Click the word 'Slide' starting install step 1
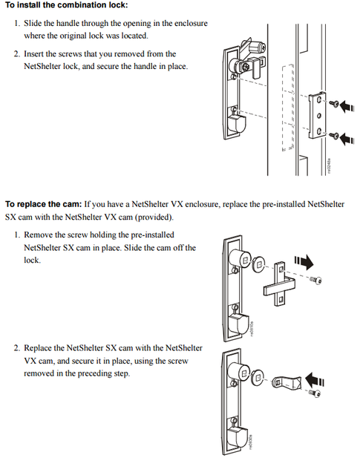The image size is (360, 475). click(x=34, y=24)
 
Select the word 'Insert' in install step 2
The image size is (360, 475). click(x=36, y=54)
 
